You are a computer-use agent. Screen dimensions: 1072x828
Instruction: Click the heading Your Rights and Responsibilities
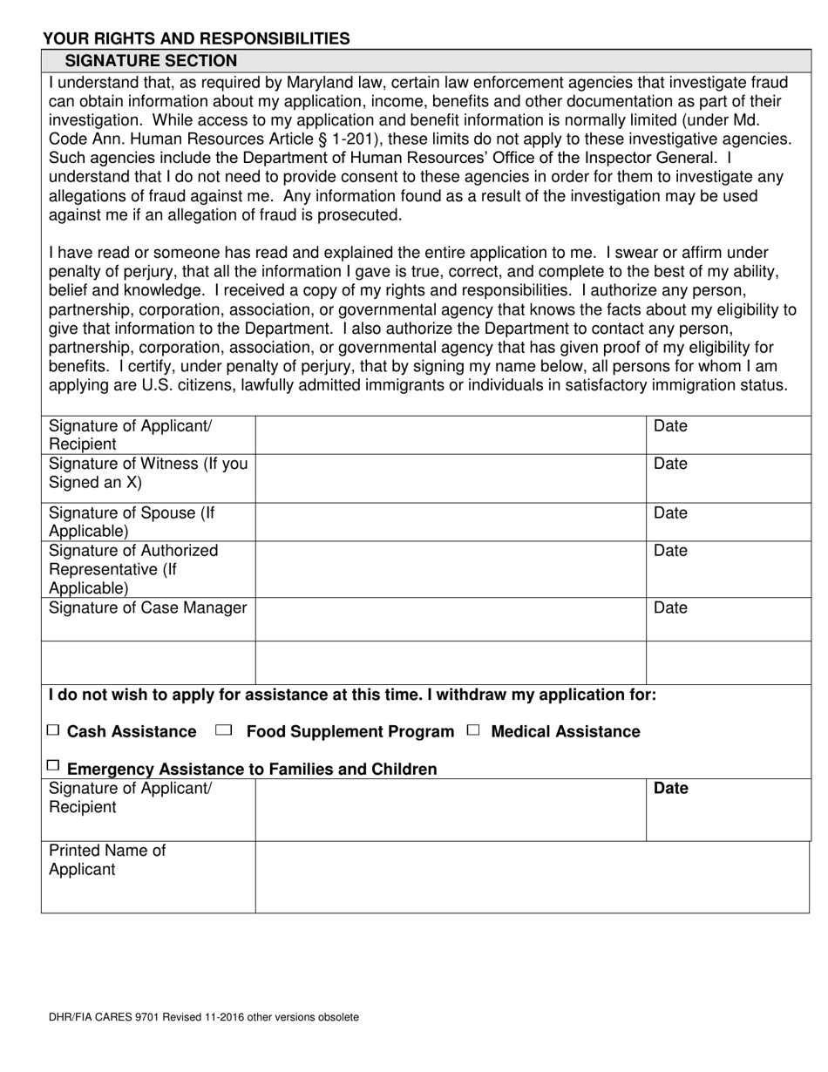196,38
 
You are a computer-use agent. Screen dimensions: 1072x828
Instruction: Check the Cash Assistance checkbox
54,730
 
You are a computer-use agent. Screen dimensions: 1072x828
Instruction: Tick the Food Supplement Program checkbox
223,730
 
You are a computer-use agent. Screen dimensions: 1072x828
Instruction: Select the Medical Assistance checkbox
473,730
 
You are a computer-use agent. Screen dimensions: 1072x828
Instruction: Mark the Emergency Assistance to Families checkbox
54,766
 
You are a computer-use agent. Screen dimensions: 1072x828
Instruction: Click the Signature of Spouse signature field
451,521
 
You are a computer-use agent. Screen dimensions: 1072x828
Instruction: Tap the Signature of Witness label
148,473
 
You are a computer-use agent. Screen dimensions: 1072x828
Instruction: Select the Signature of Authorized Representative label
133,569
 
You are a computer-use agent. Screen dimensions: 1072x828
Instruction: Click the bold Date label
671,789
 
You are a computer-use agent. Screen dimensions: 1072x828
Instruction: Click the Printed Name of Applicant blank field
532,877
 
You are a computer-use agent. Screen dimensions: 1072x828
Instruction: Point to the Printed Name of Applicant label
107,860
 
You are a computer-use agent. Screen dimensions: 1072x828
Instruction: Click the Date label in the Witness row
670,464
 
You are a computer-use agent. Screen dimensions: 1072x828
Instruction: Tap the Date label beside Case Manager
670,607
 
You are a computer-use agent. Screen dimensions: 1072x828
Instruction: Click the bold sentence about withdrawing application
352,695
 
